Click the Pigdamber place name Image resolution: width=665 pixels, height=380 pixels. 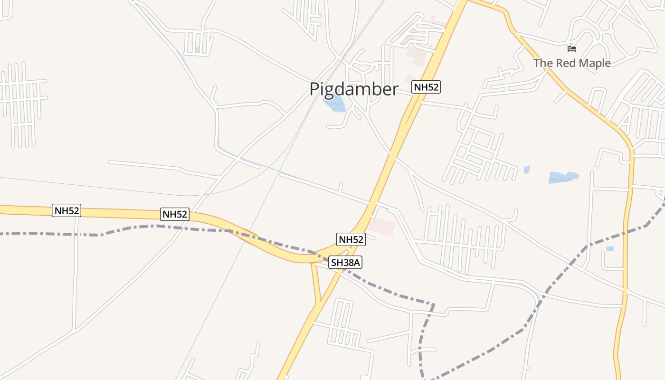coord(353,89)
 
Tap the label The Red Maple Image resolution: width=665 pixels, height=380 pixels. coord(571,63)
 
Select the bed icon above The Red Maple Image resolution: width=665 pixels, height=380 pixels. coord(571,48)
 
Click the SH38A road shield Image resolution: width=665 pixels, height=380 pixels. coord(346,262)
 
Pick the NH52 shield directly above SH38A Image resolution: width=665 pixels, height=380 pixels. coord(351,239)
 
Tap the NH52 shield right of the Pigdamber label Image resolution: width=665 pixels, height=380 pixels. coord(426,87)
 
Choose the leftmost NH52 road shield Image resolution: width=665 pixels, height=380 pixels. coord(66,210)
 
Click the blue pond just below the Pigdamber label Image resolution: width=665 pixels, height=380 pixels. coord(334,104)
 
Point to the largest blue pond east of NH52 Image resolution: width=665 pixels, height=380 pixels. coord(562,178)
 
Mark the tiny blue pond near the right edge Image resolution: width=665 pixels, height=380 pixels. coord(610,248)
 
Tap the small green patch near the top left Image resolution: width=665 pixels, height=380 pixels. coord(197,49)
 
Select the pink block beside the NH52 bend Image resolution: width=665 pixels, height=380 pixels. coord(382,227)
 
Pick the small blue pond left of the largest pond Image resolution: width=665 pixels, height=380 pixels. coord(527,169)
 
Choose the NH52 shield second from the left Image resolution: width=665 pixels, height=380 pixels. coord(175,214)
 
